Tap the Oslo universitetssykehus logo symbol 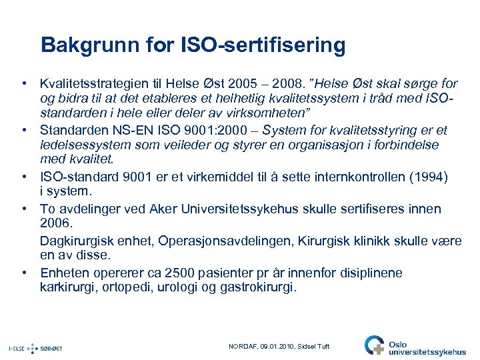coord(374,345)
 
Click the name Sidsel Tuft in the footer coord(313,347)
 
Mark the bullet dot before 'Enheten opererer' coord(24,273)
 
